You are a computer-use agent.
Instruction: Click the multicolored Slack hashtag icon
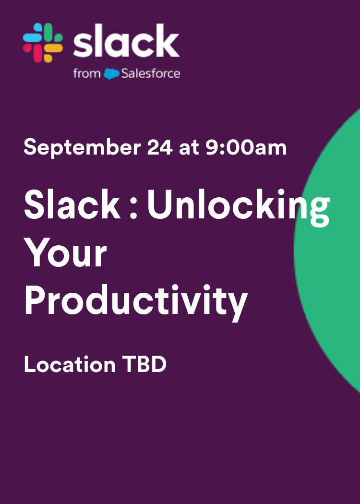click(43, 43)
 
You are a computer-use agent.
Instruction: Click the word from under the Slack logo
click(87, 74)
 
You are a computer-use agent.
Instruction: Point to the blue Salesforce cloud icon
click(111, 74)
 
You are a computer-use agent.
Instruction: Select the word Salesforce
click(151, 74)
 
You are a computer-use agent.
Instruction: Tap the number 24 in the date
click(160, 147)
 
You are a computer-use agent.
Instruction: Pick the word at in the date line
click(189, 147)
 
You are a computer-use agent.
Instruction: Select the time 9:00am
click(246, 147)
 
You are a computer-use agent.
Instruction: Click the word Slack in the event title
click(72, 204)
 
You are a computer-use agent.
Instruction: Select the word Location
click(70, 365)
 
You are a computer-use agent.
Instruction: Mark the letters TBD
click(144, 365)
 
